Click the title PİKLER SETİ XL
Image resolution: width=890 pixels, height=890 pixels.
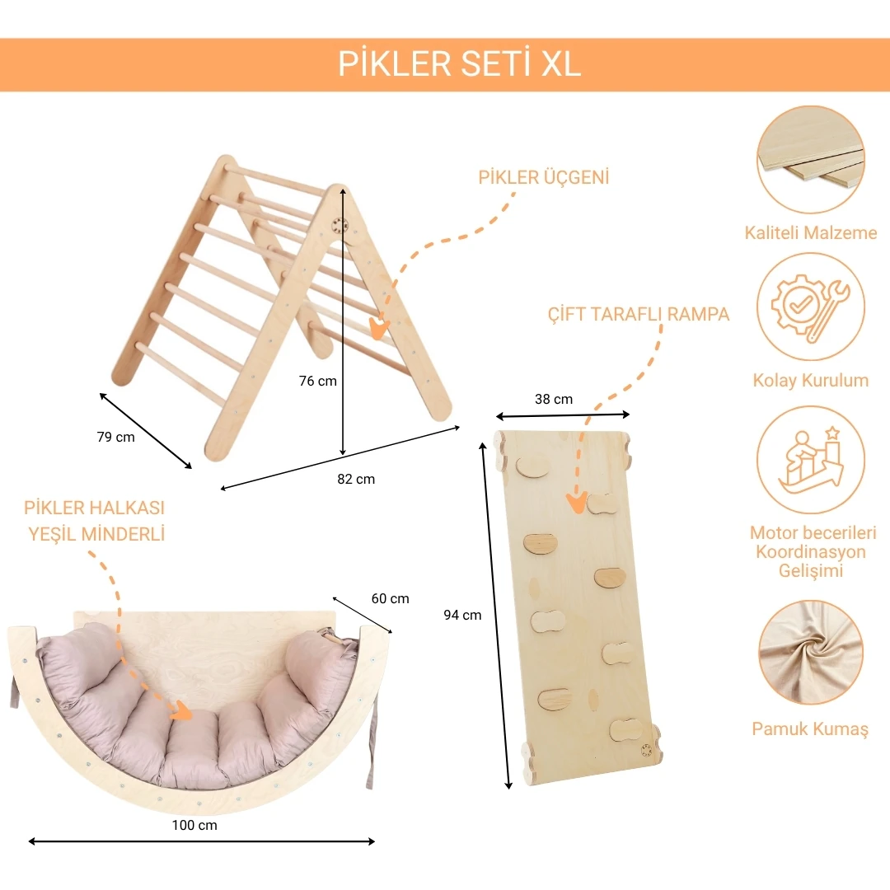(x=459, y=64)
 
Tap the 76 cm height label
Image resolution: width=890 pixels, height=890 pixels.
(x=317, y=381)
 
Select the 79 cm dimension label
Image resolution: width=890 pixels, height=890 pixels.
(x=115, y=437)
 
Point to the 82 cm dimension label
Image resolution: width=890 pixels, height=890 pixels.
(x=355, y=479)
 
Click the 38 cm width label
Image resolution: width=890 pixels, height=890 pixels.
(x=553, y=399)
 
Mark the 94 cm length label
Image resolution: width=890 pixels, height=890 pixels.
(x=462, y=614)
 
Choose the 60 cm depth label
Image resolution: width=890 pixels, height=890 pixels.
(x=390, y=598)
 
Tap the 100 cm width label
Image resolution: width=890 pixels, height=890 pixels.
(x=196, y=825)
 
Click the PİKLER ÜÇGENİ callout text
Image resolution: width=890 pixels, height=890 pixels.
(x=543, y=178)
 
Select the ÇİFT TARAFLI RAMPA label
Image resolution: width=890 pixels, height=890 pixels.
(x=639, y=315)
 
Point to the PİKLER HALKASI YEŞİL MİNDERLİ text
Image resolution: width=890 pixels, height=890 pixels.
(x=95, y=521)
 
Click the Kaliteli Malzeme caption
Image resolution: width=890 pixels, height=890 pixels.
(x=811, y=233)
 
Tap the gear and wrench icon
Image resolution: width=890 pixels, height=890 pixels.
(x=811, y=307)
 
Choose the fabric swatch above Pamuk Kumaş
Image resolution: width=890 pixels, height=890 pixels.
(x=811, y=653)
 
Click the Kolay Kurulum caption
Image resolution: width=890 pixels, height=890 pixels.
(x=811, y=381)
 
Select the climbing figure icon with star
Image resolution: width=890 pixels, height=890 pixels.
(x=811, y=460)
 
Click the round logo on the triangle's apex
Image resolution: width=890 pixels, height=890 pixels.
(x=340, y=225)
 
